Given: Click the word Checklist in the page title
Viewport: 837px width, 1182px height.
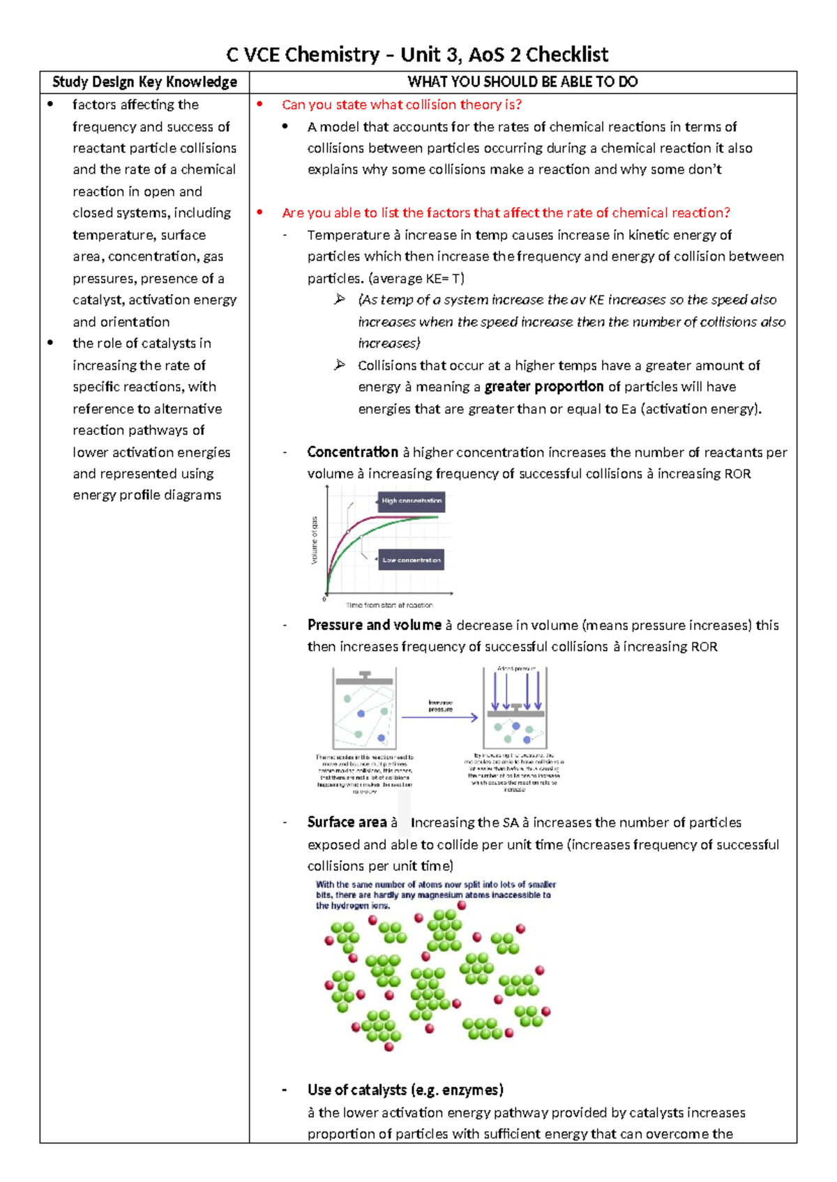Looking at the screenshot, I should [x=567, y=54].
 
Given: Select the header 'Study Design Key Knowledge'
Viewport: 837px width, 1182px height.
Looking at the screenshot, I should [x=144, y=82].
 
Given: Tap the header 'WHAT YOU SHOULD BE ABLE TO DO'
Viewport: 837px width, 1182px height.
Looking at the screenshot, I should [x=522, y=82].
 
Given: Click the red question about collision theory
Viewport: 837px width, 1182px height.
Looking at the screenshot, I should [x=402, y=105].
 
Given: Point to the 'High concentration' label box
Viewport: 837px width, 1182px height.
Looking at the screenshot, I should [x=411, y=501].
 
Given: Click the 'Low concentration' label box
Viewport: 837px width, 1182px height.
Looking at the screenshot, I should [x=411, y=560].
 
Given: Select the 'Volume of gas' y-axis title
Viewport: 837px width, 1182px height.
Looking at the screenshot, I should [x=315, y=540].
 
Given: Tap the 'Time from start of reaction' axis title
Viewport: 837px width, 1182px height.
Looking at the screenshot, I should [x=389, y=605].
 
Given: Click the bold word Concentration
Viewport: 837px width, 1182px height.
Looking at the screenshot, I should [x=352, y=452].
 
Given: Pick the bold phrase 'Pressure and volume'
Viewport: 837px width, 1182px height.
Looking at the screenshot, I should [x=374, y=625].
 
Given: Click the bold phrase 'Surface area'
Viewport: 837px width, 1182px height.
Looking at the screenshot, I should [x=347, y=822].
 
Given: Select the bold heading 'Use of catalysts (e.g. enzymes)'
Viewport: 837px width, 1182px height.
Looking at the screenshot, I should [x=405, y=1090].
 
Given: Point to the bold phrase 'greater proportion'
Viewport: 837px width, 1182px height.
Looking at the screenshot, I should [x=544, y=387].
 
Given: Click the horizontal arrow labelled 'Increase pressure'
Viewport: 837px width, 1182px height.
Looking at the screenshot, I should [x=439, y=716].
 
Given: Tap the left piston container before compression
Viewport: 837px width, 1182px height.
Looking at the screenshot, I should [x=364, y=709].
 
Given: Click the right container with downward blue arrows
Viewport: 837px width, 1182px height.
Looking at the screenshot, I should [x=515, y=707].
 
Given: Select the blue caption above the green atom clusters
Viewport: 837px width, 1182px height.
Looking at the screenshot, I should [x=435, y=895].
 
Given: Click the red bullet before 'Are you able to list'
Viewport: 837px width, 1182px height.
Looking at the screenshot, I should [x=260, y=213].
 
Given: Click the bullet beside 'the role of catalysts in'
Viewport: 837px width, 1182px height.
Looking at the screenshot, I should [x=50, y=343].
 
